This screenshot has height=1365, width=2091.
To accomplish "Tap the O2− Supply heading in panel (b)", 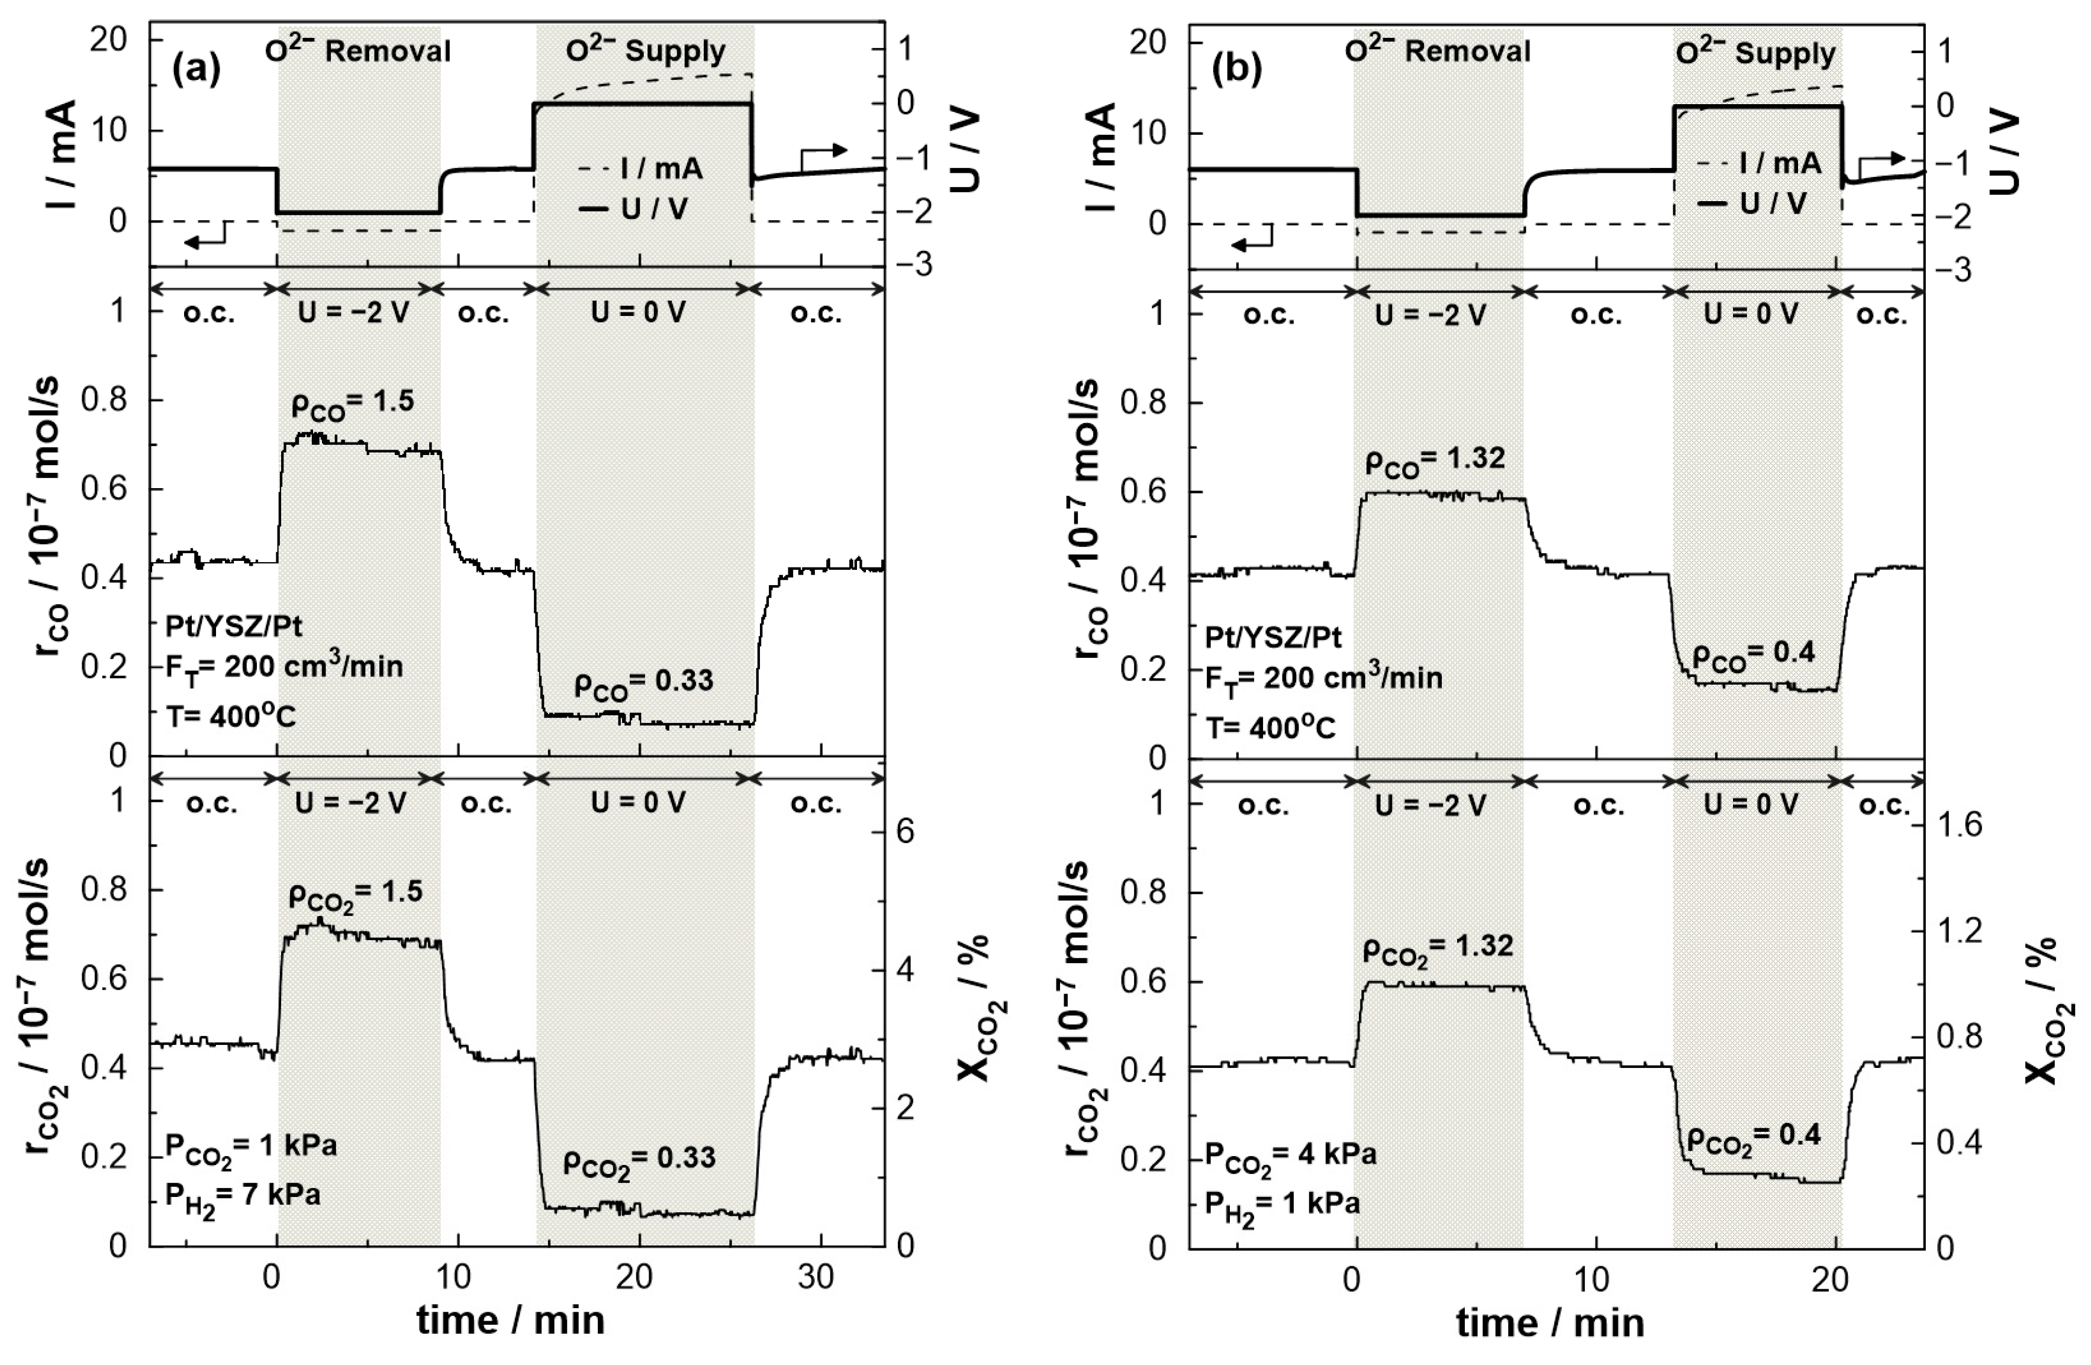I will tap(1755, 54).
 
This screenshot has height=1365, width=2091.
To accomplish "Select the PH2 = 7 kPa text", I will tap(243, 1196).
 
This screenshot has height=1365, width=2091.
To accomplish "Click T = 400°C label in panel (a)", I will tap(231, 717).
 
